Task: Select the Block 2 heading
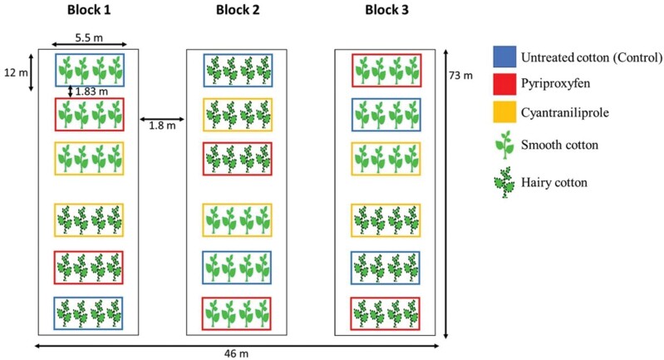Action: tap(236, 12)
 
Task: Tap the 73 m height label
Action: tap(461, 76)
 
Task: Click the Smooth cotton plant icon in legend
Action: tap(504, 144)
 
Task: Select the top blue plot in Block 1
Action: tap(89, 70)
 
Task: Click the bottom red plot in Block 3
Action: tap(386, 313)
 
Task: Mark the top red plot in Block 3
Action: tap(386, 70)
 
